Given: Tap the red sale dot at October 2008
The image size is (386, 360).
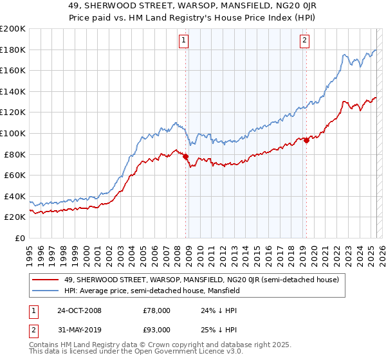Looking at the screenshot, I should (186, 156).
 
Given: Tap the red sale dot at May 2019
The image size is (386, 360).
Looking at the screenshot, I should (306, 141).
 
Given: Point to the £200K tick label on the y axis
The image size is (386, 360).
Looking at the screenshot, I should (13, 29).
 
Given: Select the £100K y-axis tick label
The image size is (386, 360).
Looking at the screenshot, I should (13, 133).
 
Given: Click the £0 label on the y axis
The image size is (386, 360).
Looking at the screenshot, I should (19, 238).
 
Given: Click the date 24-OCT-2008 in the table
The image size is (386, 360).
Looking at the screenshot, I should (79, 310).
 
